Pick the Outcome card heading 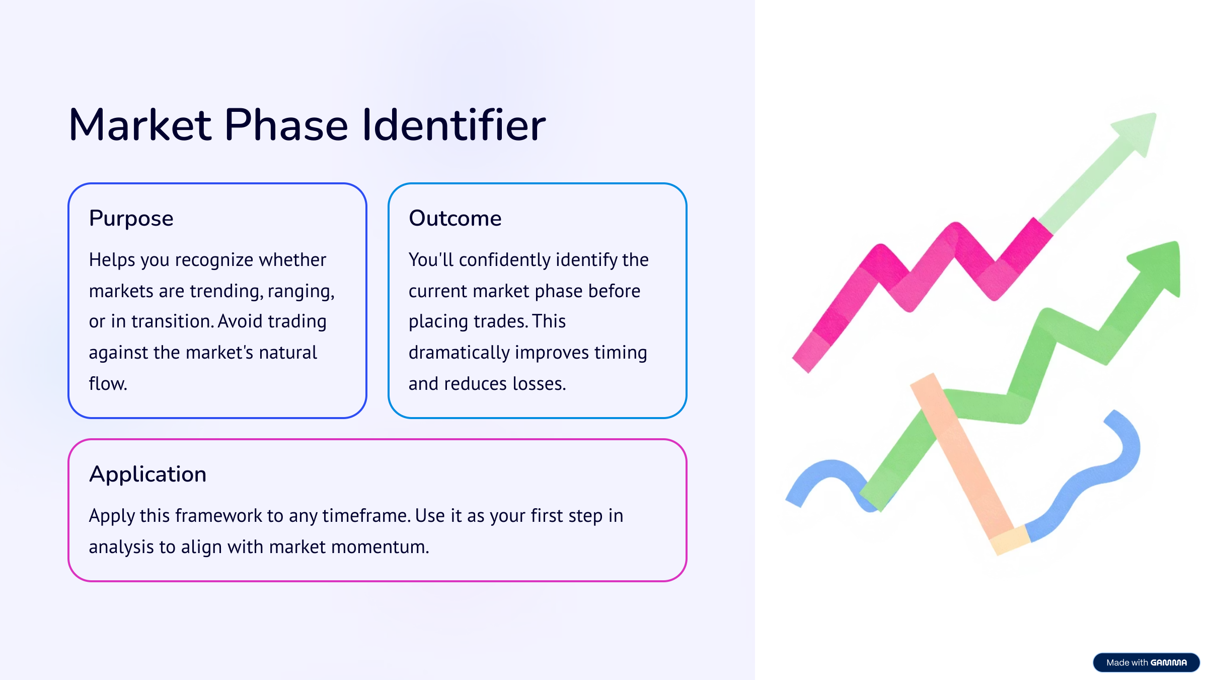pyautogui.click(x=455, y=218)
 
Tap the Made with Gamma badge pyautogui.click(x=1146, y=662)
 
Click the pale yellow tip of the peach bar pyautogui.click(x=1010, y=540)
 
